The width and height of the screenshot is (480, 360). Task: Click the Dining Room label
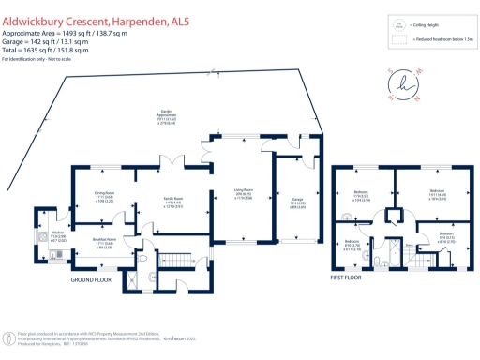(x=104, y=197)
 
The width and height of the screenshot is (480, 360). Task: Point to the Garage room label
(x=297, y=202)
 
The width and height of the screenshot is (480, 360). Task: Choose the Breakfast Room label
(x=104, y=244)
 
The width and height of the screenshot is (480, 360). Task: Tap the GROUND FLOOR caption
(x=92, y=279)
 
